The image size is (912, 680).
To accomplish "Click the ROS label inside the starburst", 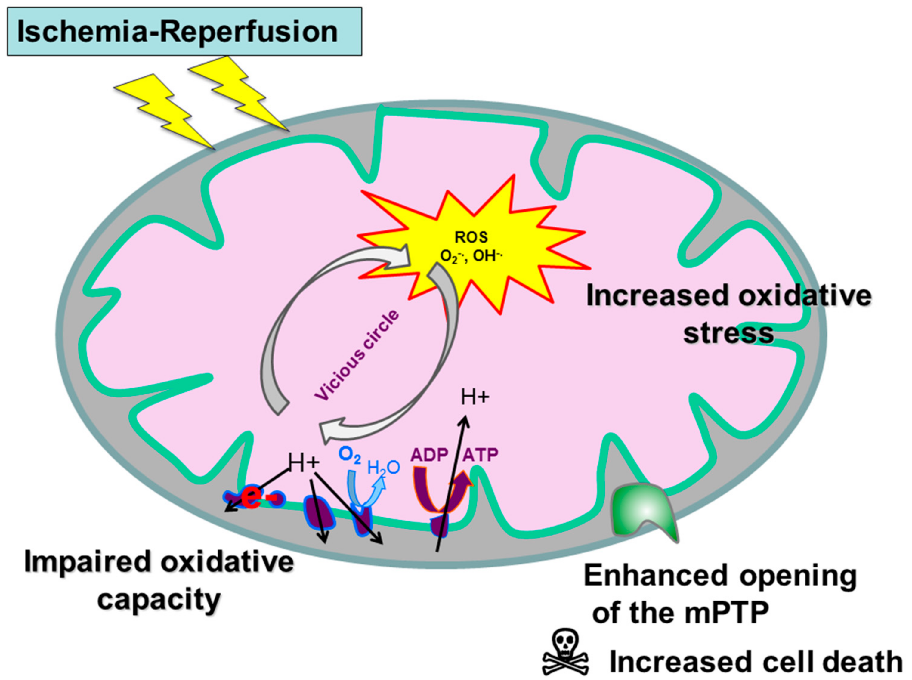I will click(x=471, y=237).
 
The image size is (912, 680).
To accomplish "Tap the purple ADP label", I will click(x=429, y=455).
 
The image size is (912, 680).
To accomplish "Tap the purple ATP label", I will click(x=480, y=455).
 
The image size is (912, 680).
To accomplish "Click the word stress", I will click(x=728, y=333).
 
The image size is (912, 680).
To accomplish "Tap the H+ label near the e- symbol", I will click(x=304, y=463).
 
